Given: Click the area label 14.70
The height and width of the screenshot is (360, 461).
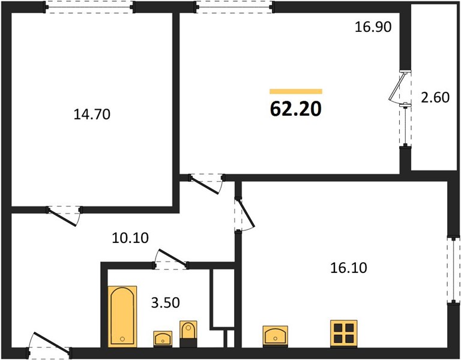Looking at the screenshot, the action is [x=92, y=115].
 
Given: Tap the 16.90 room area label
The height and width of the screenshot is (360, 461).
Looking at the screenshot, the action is [x=373, y=27].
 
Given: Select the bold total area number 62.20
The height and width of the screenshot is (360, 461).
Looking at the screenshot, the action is [x=296, y=109].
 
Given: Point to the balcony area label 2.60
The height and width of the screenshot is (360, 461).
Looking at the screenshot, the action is [x=435, y=98].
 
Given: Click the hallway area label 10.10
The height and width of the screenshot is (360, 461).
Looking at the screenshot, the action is [x=130, y=238].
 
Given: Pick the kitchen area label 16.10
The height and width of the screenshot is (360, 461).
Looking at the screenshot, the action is [x=349, y=268].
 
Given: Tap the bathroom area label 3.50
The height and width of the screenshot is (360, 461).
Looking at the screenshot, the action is [x=165, y=302].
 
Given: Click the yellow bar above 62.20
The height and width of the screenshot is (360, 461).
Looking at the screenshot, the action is [x=296, y=91].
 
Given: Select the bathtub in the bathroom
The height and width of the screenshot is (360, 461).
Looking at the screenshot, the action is [x=122, y=317].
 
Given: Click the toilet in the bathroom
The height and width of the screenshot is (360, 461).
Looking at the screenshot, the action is [x=188, y=334].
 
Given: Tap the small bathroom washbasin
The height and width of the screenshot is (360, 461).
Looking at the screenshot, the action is [x=163, y=339].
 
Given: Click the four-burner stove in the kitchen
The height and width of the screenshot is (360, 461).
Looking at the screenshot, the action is [x=344, y=334].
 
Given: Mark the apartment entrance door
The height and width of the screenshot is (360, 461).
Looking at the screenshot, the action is [x=49, y=345].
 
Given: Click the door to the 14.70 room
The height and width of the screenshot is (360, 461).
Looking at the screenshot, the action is [x=64, y=215].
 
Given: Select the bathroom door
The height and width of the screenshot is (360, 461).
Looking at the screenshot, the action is [x=170, y=259].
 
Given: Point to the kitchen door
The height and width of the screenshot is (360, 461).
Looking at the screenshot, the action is [x=244, y=214].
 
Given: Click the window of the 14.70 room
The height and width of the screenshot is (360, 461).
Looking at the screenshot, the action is [x=89, y=7].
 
